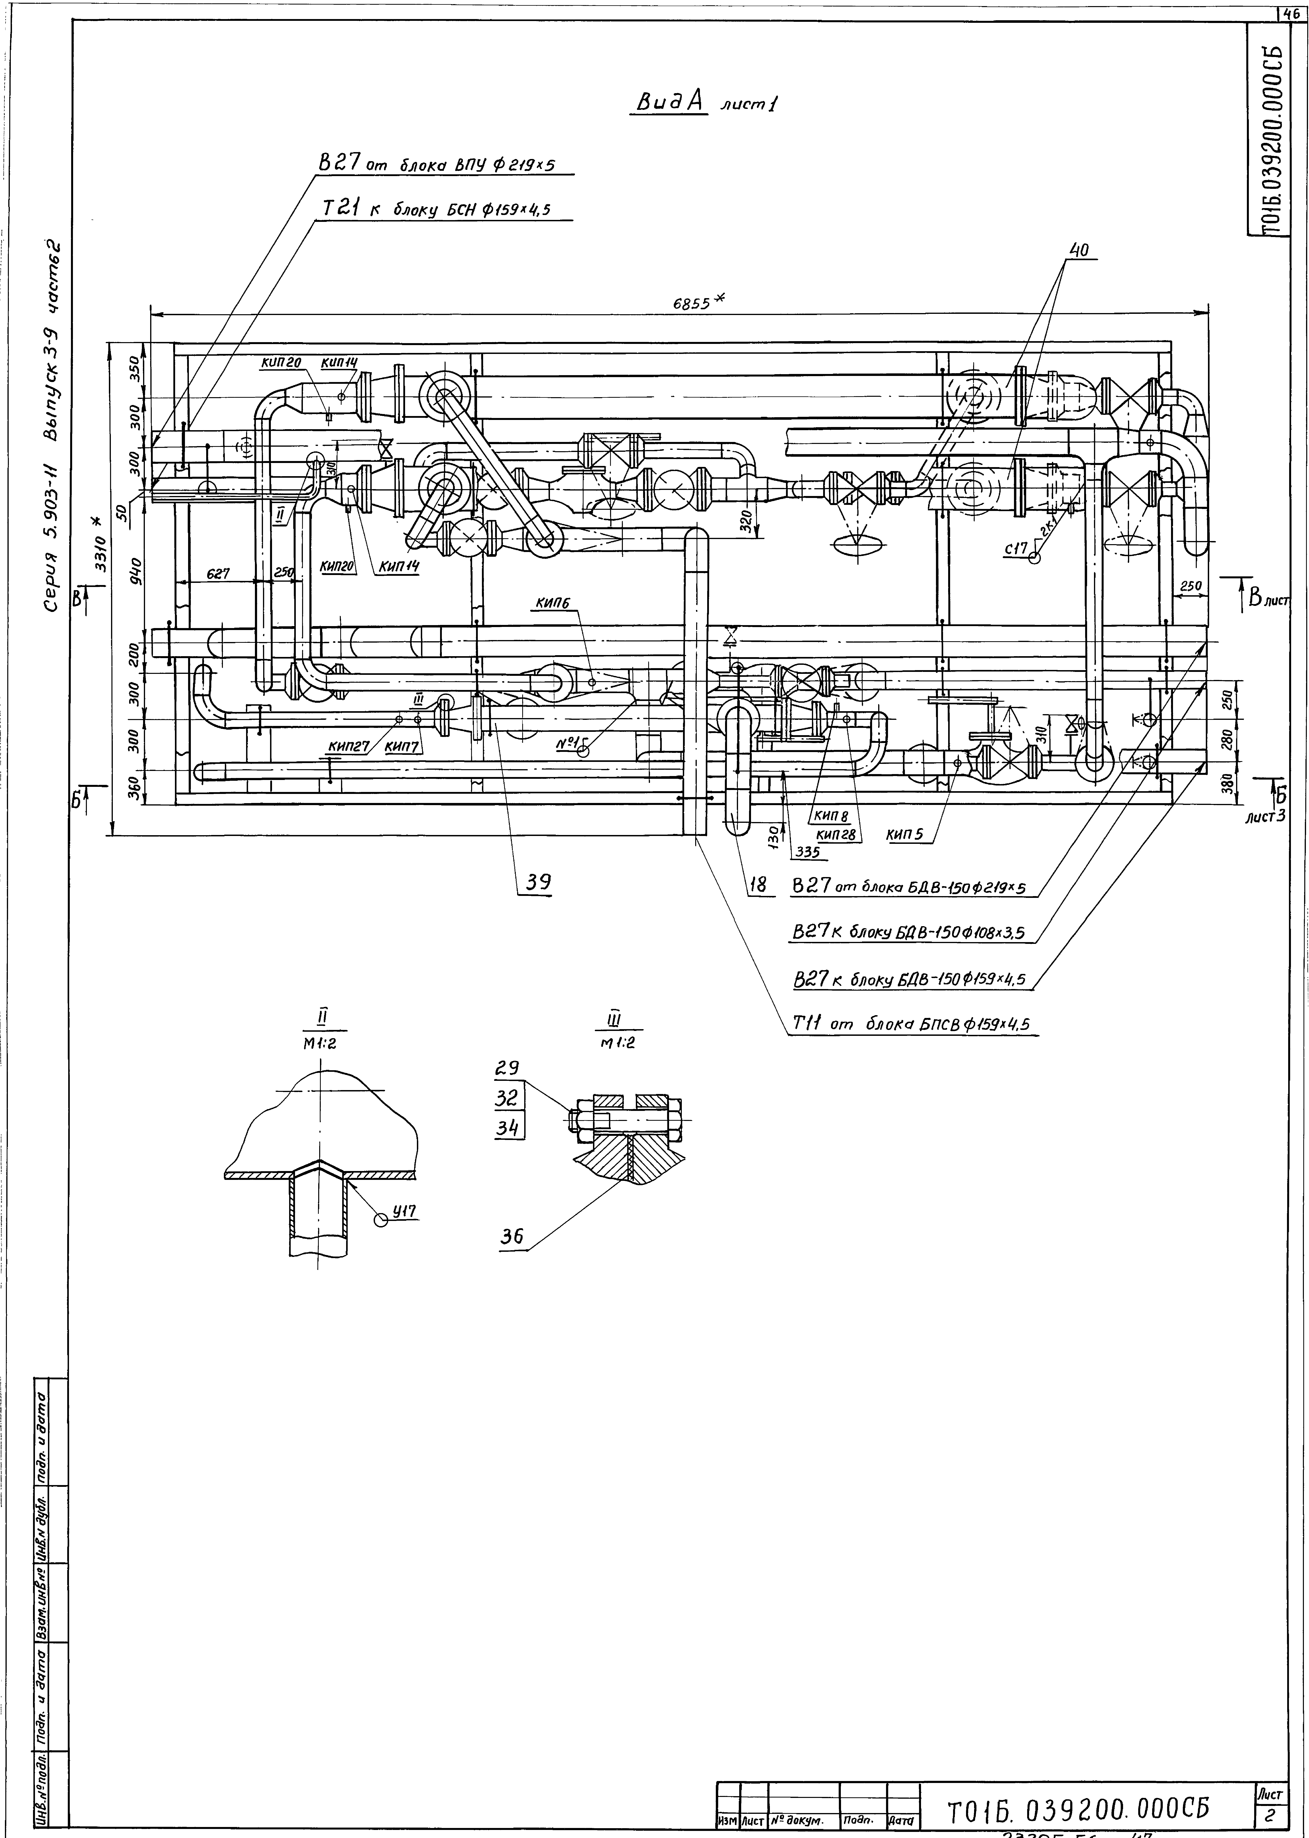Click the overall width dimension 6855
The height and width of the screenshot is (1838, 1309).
692,304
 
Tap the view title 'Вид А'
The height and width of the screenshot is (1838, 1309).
671,102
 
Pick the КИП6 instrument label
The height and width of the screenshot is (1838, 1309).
552,603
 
